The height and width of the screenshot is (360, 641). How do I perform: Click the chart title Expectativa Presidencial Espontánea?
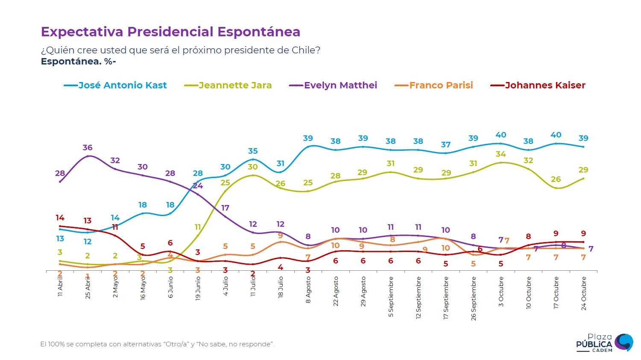[170, 32]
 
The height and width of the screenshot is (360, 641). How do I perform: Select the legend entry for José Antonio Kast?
[122, 85]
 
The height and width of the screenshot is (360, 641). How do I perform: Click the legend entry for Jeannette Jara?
[235, 85]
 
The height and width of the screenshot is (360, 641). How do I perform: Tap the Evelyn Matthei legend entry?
[340, 85]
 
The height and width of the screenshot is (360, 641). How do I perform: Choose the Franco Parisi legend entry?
[441, 85]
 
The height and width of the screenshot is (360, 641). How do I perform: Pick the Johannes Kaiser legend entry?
[545, 85]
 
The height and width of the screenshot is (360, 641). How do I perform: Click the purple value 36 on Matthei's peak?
[88, 147]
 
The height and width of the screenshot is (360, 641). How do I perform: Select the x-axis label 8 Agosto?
[308, 290]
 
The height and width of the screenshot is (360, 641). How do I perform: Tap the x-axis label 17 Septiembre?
[446, 298]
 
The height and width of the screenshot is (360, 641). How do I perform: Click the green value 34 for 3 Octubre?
[501, 154]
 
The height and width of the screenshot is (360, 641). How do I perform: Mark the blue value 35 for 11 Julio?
[253, 151]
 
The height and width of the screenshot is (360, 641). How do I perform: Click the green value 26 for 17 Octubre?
[556, 179]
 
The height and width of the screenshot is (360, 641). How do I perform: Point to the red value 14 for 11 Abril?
[60, 218]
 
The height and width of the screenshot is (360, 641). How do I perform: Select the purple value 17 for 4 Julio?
[225, 208]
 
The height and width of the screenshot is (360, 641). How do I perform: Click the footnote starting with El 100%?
[157, 344]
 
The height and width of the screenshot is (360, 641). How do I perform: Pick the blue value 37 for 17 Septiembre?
[446, 144]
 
